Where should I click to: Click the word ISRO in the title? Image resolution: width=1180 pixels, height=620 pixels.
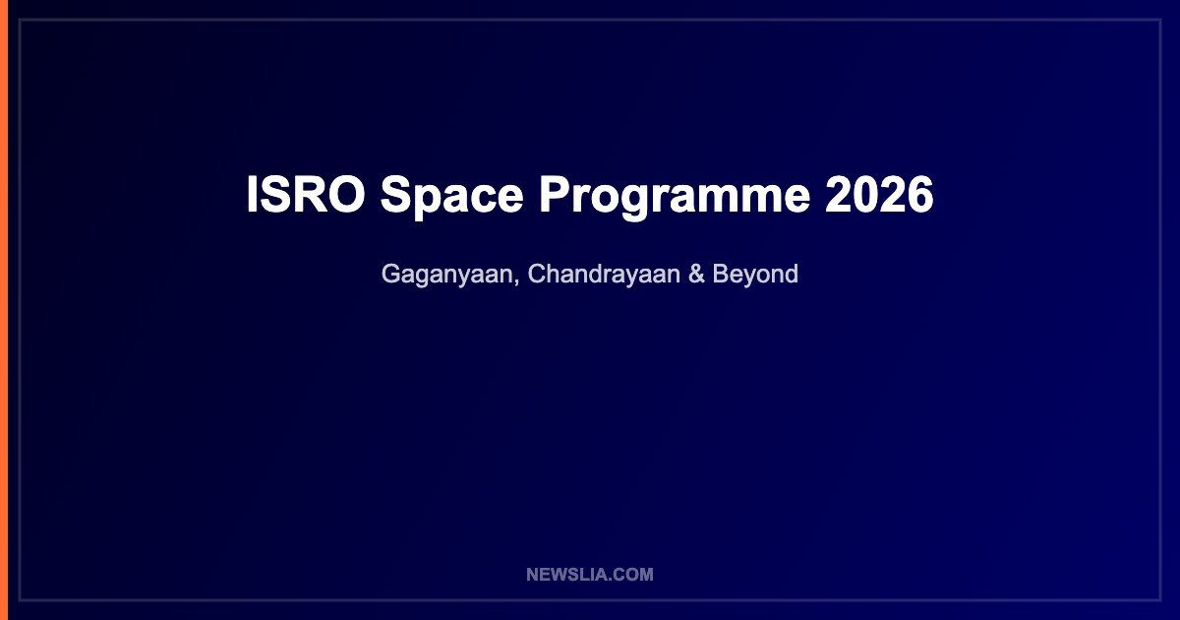tap(306, 194)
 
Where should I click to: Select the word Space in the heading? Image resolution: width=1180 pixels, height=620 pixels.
tap(452, 197)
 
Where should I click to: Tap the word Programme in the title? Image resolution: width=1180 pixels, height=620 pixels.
tap(675, 198)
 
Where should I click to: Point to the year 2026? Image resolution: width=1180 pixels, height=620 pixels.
tap(879, 194)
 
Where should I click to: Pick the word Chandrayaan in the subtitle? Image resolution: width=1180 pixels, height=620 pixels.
tap(604, 276)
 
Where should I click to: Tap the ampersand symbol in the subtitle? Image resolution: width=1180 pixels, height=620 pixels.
tap(696, 275)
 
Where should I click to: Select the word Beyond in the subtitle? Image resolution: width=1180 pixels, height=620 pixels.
tap(755, 276)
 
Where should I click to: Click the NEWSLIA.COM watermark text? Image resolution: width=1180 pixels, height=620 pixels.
tap(590, 574)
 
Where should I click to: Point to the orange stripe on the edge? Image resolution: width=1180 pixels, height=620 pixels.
tap(4, 310)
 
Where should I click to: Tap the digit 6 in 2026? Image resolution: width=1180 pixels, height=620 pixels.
tap(920, 194)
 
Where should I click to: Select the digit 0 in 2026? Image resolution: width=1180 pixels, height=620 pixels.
tap(865, 194)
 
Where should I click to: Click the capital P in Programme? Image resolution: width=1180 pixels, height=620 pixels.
tap(555, 194)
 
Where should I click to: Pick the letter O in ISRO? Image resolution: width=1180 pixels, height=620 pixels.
tap(345, 194)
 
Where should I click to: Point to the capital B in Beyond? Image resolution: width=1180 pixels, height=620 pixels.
tap(721, 274)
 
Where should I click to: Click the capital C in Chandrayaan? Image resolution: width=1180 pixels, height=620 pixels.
tap(537, 274)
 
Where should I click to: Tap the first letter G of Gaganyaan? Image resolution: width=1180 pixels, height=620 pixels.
tap(392, 274)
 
